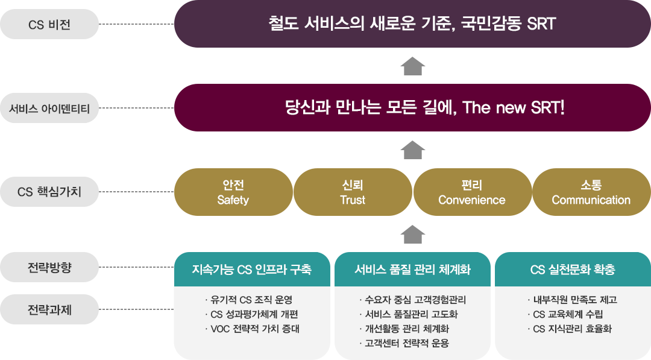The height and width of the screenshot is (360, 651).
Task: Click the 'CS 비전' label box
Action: pos(49,24)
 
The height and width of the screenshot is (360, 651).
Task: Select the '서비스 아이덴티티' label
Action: pos(49,109)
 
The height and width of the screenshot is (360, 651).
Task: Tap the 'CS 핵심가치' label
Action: pos(49,192)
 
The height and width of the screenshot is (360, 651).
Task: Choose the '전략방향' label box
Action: pos(49,267)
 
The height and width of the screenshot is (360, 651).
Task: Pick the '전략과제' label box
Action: pos(49,310)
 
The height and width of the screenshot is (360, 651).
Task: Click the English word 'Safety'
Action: pos(233,200)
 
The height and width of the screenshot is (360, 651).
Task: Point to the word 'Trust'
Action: pos(353,200)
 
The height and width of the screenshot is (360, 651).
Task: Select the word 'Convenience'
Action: pos(471,200)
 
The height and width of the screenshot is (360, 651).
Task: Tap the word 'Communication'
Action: pos(591,200)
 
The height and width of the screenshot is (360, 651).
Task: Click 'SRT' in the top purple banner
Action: pos(540,24)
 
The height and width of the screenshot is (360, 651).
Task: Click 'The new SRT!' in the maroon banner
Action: pos(514,108)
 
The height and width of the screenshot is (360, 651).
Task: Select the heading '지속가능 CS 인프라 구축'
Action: pos(251,270)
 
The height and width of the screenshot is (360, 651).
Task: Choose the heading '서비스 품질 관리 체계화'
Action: pos(412,270)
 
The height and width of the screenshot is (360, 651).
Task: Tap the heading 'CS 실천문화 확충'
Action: pos(573,270)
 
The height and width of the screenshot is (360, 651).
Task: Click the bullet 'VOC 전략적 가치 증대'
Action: pos(254,329)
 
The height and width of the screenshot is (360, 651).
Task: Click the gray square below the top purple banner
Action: pos(412,66)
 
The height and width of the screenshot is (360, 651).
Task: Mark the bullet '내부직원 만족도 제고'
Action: pos(574,300)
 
